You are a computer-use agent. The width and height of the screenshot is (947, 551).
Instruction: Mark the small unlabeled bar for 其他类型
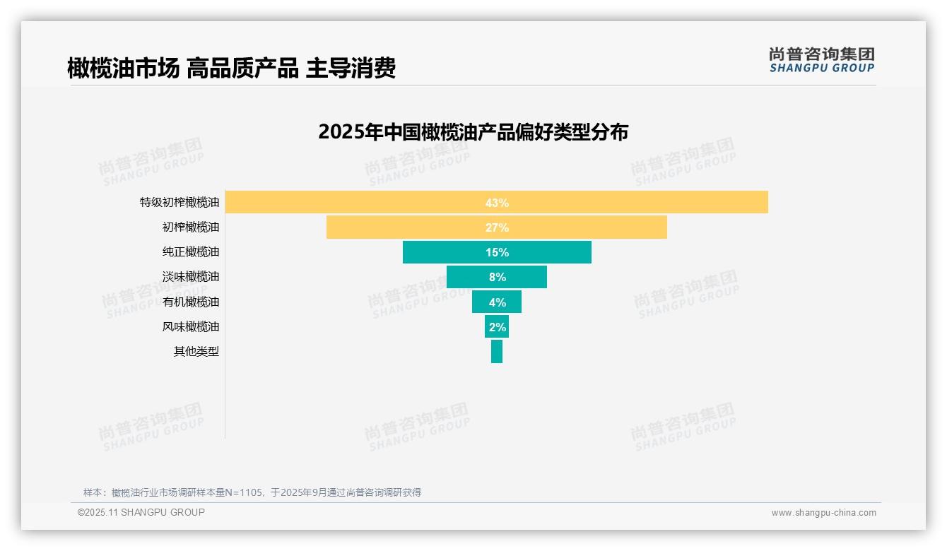click(497, 351)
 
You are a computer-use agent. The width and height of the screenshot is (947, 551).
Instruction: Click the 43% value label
click(497, 203)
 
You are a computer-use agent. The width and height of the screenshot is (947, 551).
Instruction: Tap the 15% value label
click(497, 252)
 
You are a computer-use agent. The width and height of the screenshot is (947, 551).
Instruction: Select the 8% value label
click(497, 277)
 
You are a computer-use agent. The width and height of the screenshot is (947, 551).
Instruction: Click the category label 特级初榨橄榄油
click(180, 203)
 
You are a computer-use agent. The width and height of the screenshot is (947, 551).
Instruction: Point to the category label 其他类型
click(196, 351)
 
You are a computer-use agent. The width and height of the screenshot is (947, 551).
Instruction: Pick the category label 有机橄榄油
click(191, 302)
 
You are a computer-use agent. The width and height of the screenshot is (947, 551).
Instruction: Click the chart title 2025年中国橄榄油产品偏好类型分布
click(473, 132)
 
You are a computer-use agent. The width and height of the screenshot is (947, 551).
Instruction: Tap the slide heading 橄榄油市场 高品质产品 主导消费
click(231, 68)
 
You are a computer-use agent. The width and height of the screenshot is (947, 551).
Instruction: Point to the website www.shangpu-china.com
click(823, 513)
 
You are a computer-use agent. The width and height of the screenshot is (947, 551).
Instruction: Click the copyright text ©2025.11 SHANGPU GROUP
click(141, 512)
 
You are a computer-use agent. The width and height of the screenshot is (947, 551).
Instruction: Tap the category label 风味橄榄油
click(191, 326)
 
